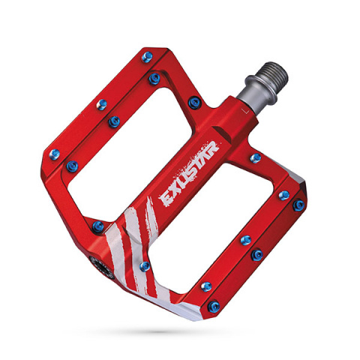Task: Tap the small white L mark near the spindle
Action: (x=244, y=109)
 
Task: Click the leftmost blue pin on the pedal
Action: (x=54, y=154)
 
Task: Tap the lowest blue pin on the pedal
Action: (x=214, y=306)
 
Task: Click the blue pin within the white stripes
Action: (x=145, y=265)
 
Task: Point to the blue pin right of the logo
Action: (x=255, y=157)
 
